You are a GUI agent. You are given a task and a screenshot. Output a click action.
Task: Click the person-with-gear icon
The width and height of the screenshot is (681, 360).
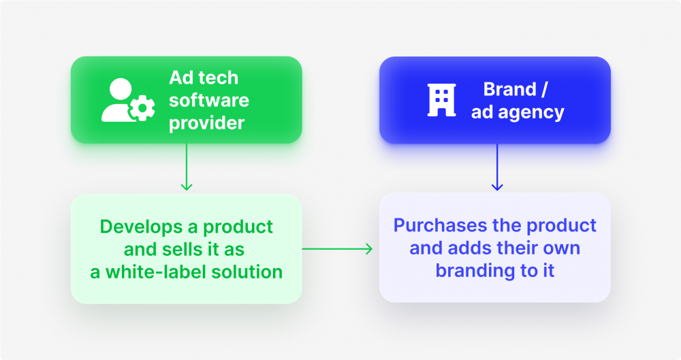[128, 100]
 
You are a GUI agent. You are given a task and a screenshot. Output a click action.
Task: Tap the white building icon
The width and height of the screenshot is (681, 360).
[442, 100]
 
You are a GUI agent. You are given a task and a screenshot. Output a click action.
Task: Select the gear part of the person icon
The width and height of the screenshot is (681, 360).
[142, 108]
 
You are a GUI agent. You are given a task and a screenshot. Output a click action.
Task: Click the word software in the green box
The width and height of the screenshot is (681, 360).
[209, 100]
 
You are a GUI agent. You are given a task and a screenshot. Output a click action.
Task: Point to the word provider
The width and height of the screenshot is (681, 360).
[207, 123]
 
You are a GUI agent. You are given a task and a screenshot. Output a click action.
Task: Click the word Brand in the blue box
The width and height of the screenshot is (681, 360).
[510, 89]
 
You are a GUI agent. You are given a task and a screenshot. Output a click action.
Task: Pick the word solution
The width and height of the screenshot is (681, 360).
[247, 272]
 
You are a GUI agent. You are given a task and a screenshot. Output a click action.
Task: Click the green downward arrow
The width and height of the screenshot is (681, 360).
[187, 167]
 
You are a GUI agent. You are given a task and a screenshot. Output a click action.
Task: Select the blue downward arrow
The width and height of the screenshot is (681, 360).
[497, 167]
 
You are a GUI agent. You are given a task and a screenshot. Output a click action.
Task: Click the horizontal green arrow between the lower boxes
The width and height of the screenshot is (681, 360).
[338, 249]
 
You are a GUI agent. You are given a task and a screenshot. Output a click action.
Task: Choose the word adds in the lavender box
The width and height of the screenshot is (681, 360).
[469, 248]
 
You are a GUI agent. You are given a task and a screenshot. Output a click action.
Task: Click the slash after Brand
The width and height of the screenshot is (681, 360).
[545, 89]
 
